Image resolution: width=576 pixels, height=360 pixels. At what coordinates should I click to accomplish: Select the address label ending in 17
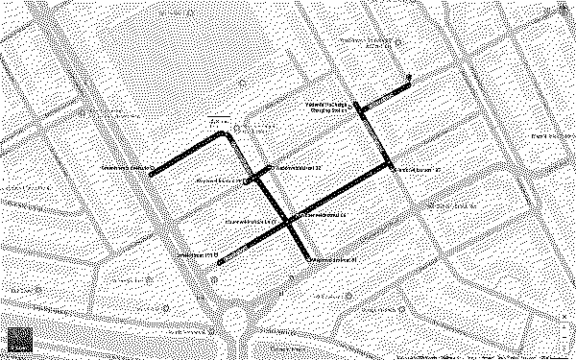[419, 169]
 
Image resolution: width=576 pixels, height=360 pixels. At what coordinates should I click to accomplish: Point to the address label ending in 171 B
[200, 255]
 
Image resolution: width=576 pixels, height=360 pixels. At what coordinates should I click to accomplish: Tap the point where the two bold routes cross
[289, 223]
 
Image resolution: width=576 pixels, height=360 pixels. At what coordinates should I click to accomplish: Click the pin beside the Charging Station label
[355, 106]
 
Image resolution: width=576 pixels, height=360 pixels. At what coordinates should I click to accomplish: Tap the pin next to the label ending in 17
[394, 168]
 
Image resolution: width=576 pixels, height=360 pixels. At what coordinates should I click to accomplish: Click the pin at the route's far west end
[153, 173]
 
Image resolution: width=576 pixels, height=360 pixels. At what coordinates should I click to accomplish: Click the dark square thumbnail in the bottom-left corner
[21, 340]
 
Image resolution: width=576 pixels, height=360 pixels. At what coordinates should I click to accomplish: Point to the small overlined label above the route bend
[221, 122]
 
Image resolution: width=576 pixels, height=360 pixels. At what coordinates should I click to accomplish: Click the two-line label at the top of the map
[369, 42]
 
